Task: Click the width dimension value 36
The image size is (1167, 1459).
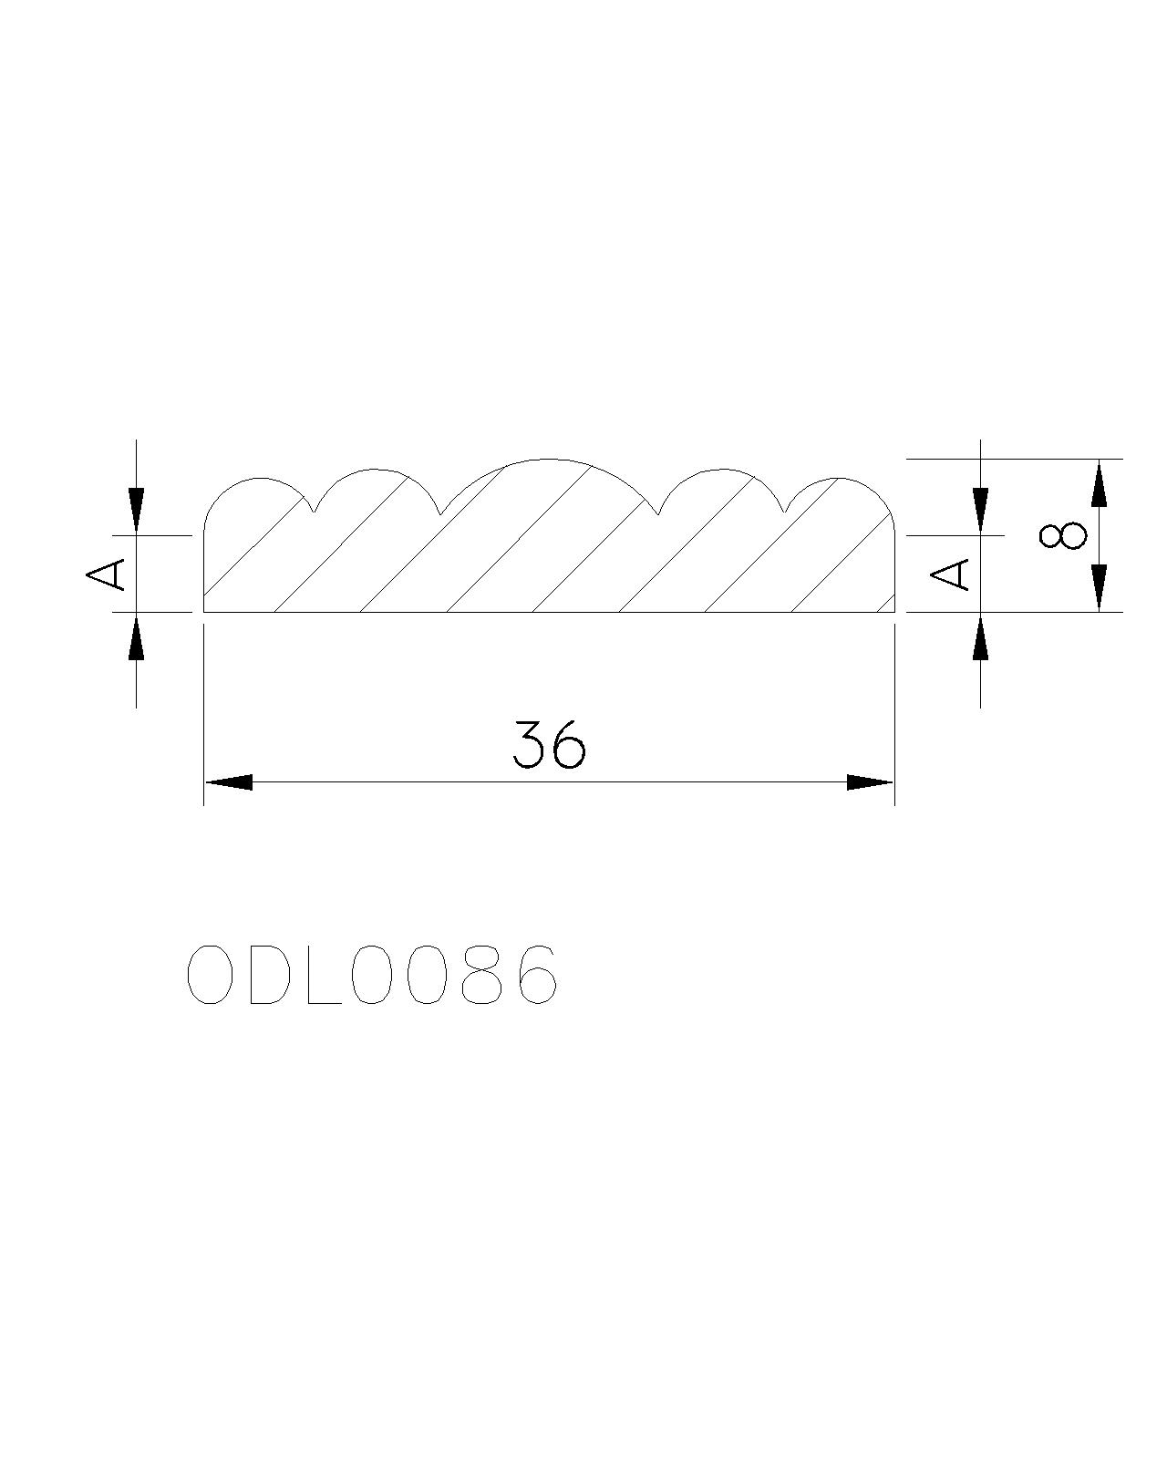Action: point(548,744)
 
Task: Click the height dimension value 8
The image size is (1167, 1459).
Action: point(1062,535)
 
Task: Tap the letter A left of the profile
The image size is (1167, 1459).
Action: point(106,574)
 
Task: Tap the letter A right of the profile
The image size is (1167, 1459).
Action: point(949,574)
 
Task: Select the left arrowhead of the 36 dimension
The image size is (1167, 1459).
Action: point(229,782)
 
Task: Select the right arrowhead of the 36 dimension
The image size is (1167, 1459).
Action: point(870,782)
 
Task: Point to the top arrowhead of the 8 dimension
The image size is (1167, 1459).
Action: point(1100,482)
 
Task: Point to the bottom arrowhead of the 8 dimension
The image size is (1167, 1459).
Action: point(1100,588)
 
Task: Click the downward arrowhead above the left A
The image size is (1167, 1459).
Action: point(136,512)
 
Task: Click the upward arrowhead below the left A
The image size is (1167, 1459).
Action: point(136,636)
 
